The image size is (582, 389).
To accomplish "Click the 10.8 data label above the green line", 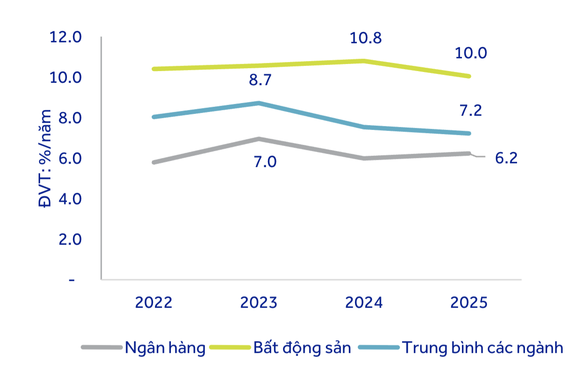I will [x=365, y=38].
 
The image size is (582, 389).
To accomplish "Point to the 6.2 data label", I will [x=506, y=158].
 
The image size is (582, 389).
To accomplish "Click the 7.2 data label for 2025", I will [x=470, y=111].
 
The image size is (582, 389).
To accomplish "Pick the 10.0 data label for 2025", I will [x=470, y=53].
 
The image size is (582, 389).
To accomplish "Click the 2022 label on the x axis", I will [x=154, y=302].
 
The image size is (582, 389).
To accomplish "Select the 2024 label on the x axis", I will [x=364, y=302].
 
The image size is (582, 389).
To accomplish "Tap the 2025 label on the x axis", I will [x=469, y=302].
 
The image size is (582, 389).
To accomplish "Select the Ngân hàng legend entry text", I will [x=165, y=348].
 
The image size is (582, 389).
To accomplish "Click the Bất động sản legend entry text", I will [x=302, y=348].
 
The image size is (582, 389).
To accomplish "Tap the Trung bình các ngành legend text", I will [x=482, y=348].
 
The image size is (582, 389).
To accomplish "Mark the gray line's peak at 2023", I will [x=259, y=139].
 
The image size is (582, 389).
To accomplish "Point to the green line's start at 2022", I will [x=154, y=69].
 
